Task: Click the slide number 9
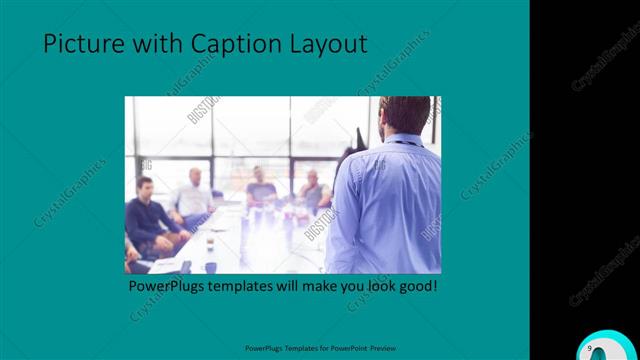point(591,346)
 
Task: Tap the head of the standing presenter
point(404,116)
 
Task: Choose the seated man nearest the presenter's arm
point(314,192)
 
